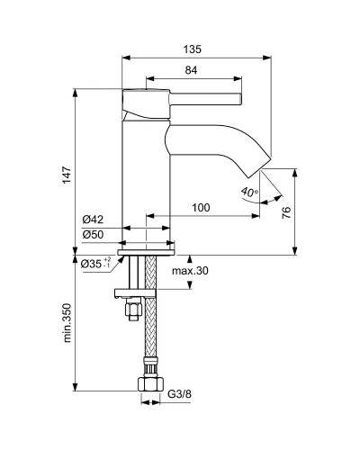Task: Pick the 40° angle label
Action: tap(249, 192)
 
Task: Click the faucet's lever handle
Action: tap(198, 92)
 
